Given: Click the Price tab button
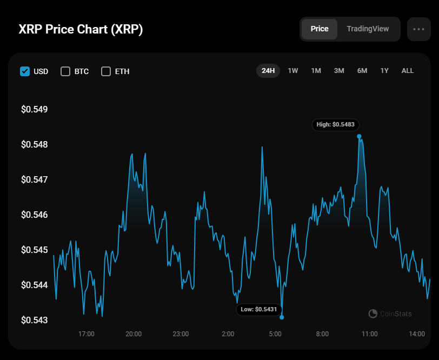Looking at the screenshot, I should pyautogui.click(x=319, y=29).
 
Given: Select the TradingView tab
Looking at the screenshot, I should pyautogui.click(x=368, y=29).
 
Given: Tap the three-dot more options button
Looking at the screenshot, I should pyautogui.click(x=418, y=29).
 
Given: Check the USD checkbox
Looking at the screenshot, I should pyautogui.click(x=25, y=71).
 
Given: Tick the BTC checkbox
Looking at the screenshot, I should pyautogui.click(x=65, y=71).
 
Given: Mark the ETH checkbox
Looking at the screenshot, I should pyautogui.click(x=106, y=71).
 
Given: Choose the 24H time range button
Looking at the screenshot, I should pyautogui.click(x=268, y=71).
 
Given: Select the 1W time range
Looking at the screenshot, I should pyautogui.click(x=293, y=71).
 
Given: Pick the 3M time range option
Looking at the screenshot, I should pyautogui.click(x=339, y=71).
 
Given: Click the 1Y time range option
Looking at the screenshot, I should pyautogui.click(x=384, y=71).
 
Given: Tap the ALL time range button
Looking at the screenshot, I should pyautogui.click(x=408, y=71).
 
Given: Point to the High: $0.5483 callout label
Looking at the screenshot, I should pyautogui.click(x=335, y=125).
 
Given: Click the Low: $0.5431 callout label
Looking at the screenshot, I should pyautogui.click(x=259, y=310).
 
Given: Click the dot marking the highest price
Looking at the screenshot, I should pyautogui.click(x=359, y=136).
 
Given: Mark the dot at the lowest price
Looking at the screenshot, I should pyautogui.click(x=282, y=317).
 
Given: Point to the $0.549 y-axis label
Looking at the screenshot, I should pyautogui.click(x=34, y=110).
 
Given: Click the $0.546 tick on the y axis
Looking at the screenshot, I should pyautogui.click(x=34, y=215).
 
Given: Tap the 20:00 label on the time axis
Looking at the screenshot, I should pyautogui.click(x=134, y=334).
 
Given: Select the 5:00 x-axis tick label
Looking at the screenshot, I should pyautogui.click(x=275, y=334).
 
